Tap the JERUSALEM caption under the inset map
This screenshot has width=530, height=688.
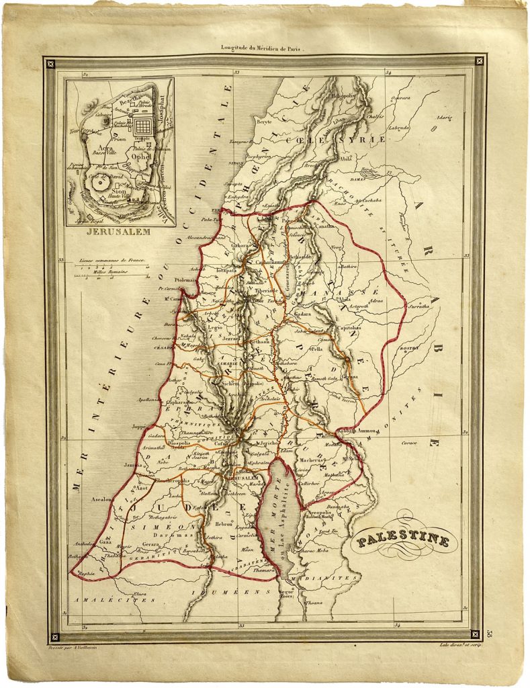118,234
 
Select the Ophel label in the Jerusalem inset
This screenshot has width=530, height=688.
142,156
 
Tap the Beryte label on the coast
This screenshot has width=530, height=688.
264,122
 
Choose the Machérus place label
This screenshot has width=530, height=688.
317,460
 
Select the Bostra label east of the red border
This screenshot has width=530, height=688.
409,349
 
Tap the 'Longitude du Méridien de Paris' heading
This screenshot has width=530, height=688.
263,48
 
